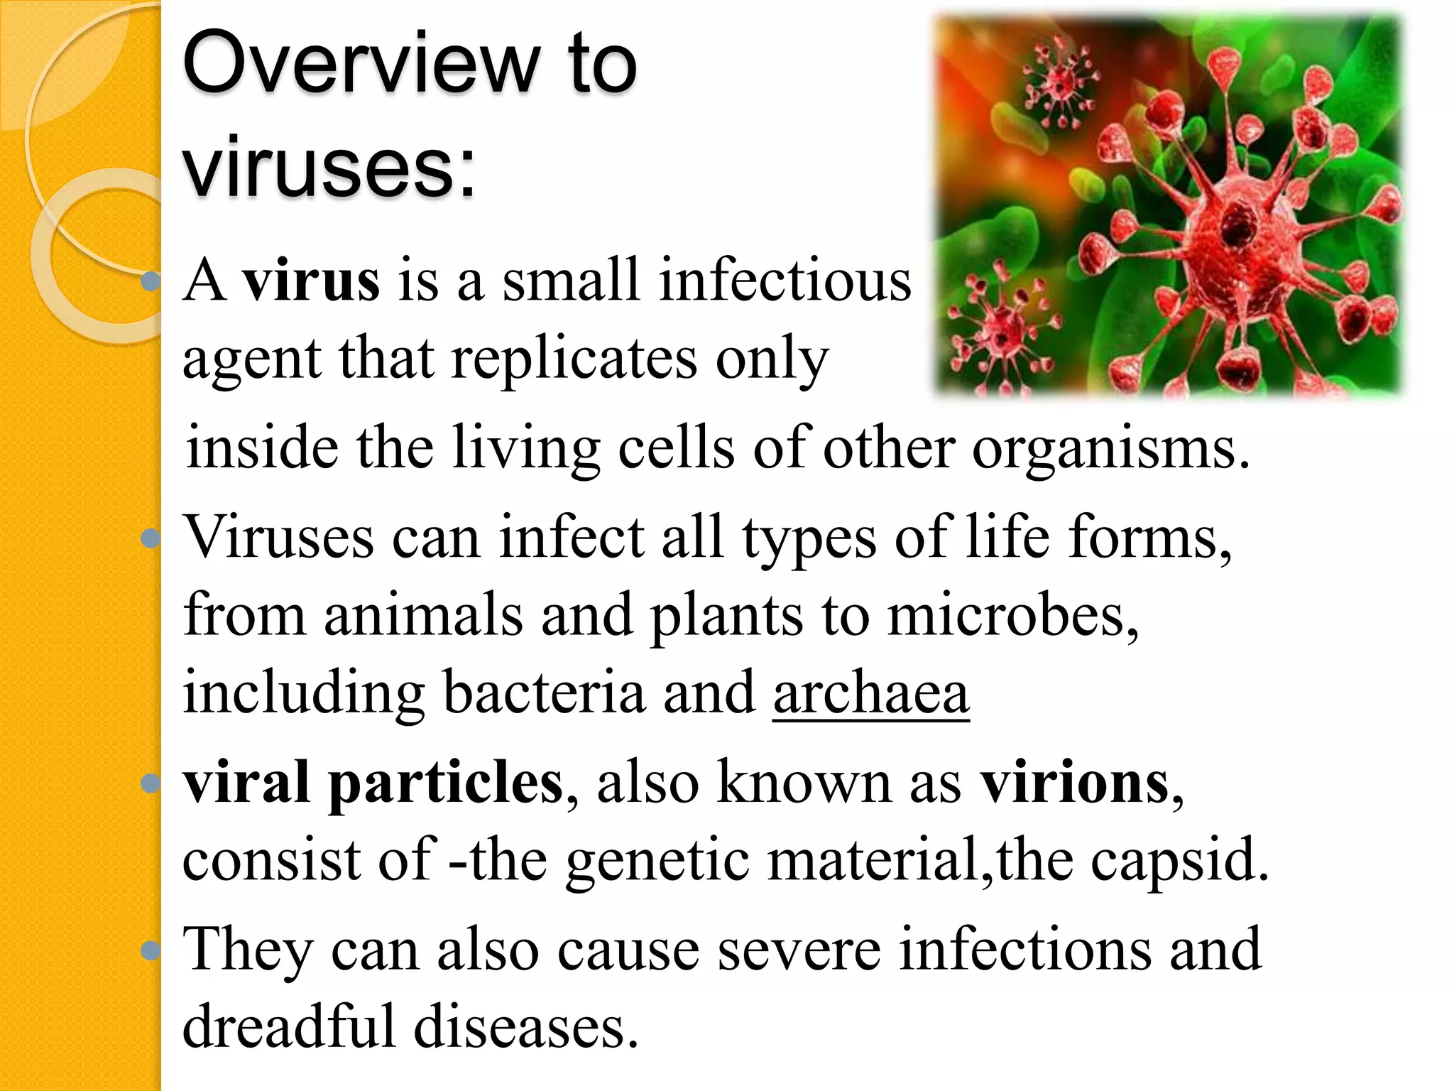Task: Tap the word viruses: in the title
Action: (328, 167)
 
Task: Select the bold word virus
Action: (310, 281)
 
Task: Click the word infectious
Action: (785, 281)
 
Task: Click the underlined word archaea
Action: (870, 693)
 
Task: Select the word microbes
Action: (1012, 615)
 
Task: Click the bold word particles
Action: (445, 783)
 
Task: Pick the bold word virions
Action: (1075, 783)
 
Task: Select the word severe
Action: (799, 950)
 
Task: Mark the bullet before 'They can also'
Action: (150, 950)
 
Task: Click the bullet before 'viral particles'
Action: (150, 783)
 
